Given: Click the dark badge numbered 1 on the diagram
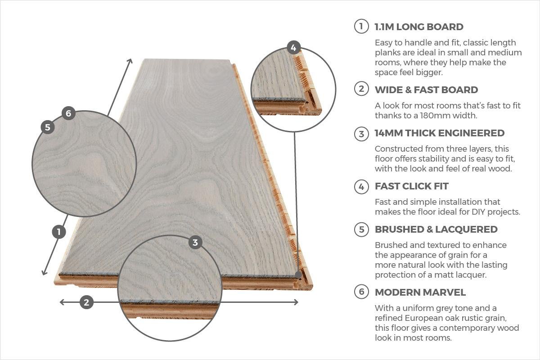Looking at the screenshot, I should click(x=58, y=232).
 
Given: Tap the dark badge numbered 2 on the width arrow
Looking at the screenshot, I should click(x=86, y=302).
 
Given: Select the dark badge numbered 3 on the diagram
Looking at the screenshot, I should click(x=195, y=243).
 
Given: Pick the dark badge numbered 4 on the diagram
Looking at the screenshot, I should click(x=293, y=48).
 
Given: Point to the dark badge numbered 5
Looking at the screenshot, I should click(x=48, y=127).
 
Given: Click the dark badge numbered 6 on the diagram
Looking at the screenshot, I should click(x=68, y=113).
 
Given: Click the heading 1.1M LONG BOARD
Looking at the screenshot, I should click(x=419, y=27).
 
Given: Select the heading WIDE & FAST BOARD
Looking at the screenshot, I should click(x=426, y=90).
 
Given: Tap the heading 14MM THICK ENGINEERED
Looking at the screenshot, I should click(x=439, y=133).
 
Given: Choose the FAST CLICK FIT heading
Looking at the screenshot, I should click(x=411, y=186).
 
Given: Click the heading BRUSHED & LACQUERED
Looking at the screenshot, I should click(x=436, y=229).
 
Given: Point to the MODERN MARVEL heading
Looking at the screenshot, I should click(x=420, y=292).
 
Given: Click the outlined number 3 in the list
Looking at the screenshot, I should click(x=361, y=134).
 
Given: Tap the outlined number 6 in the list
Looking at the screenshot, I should click(x=361, y=292).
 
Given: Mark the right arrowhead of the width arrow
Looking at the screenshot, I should click(x=297, y=302).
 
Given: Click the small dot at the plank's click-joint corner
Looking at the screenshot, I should click(x=298, y=274).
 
